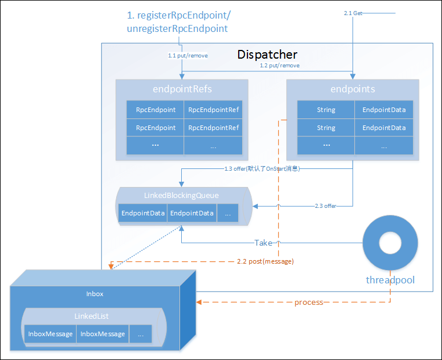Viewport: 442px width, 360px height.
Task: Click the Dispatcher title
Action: point(267,55)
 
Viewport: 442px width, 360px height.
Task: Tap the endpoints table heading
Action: point(353,89)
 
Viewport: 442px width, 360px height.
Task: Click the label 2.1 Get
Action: point(354,13)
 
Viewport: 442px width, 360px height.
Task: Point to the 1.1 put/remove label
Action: point(188,56)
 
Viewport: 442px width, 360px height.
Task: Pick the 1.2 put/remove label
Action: point(279,66)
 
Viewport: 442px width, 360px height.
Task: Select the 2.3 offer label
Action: point(325,206)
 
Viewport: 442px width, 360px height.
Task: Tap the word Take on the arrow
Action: point(264,242)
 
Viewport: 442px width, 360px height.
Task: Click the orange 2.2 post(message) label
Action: point(265,261)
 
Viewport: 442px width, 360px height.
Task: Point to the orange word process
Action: point(308,303)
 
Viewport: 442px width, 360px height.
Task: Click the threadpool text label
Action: point(390,280)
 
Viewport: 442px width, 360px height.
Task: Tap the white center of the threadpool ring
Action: point(390,243)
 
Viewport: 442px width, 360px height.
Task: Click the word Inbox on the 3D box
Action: point(95,294)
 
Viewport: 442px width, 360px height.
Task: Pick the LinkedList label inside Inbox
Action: point(91,316)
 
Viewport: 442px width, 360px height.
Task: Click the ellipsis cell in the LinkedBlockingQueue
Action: point(227,213)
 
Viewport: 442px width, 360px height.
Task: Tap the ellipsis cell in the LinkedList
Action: point(141,334)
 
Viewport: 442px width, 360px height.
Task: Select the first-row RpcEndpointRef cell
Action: point(213,110)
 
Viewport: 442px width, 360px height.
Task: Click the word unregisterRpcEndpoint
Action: point(177,28)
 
